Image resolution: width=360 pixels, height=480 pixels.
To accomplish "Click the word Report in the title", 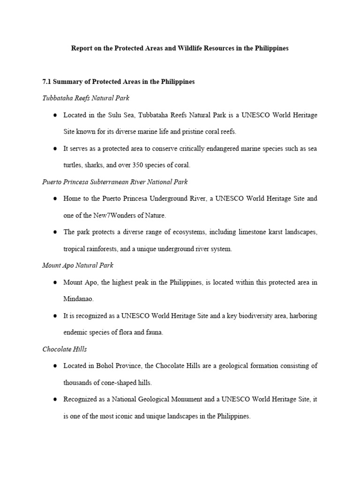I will click(81, 48).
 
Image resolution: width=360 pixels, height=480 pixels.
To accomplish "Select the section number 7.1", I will click(47, 82).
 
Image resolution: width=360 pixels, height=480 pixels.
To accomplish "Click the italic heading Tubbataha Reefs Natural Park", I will click(86, 98).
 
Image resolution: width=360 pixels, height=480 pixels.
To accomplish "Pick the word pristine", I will click(189, 131).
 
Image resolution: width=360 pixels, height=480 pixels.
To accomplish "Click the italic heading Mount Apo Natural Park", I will click(78, 265).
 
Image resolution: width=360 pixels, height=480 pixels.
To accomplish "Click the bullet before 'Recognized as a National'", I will click(55, 399).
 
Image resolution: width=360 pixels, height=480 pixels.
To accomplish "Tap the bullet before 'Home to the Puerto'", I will click(55, 199).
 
